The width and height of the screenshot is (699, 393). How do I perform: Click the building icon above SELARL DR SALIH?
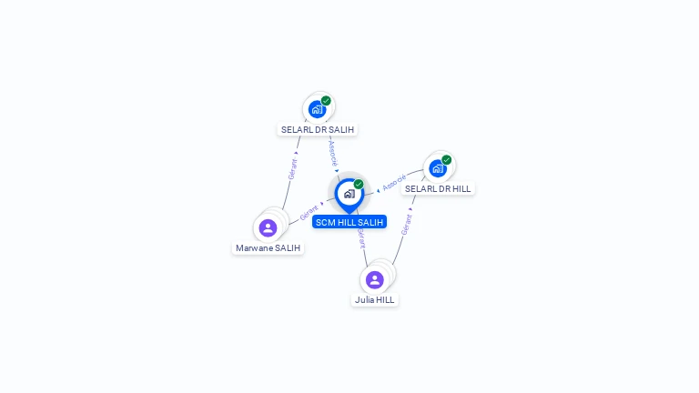pos(317,109)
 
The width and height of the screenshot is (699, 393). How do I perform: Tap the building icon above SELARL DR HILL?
pos(438,168)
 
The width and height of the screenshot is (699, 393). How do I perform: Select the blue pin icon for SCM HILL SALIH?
pos(349,194)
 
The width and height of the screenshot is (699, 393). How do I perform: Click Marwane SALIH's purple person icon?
pos(268,227)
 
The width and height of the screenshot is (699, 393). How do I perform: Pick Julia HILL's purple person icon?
pos(374,279)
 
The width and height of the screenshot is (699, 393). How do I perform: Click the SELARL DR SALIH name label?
pos(317,130)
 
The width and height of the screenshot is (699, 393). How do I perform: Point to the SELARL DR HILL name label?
pos(438,189)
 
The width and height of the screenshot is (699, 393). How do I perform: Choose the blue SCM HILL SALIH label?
pos(349,222)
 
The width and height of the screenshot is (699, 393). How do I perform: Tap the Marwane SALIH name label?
pos(268,248)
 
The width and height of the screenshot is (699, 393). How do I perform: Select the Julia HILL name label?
pos(375,300)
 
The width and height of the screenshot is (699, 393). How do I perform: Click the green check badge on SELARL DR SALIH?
pos(326,101)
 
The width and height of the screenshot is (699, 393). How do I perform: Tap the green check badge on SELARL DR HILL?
pos(447,160)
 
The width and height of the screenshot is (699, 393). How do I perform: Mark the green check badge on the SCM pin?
pos(359,185)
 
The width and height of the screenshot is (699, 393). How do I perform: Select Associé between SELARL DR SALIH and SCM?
pos(333,151)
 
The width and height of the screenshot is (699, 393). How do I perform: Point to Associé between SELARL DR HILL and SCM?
pos(394,183)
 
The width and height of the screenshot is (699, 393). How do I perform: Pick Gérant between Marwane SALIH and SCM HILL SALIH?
pos(309,213)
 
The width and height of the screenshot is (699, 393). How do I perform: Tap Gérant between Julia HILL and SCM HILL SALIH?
pos(361,237)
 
